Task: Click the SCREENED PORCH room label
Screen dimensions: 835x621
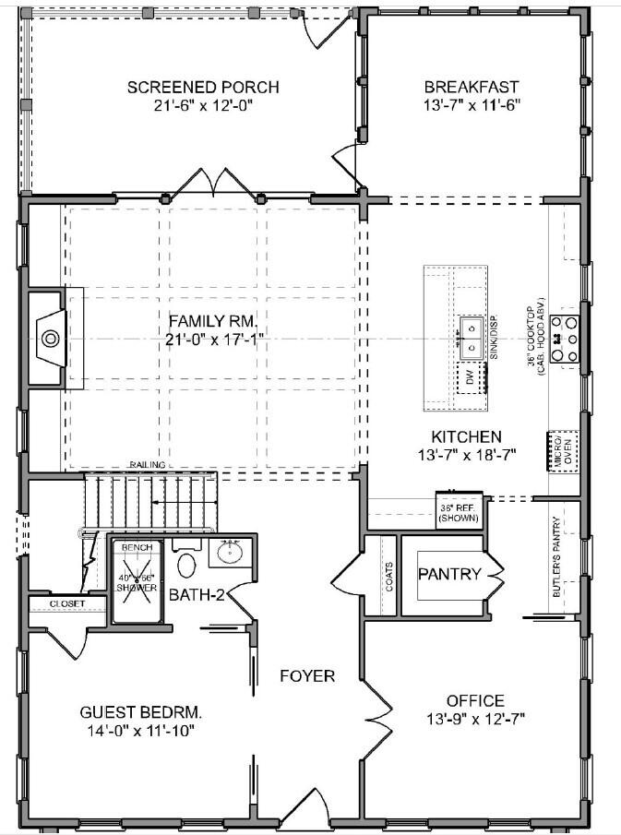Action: pyautogui.click(x=203, y=88)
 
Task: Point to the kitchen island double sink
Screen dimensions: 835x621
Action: pyautogui.click(x=471, y=337)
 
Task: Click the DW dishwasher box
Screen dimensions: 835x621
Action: pyautogui.click(x=471, y=378)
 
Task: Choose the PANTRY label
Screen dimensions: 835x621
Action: pyautogui.click(x=449, y=575)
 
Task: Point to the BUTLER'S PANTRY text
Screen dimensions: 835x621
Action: pyautogui.click(x=556, y=559)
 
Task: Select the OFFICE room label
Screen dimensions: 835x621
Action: pyautogui.click(x=475, y=701)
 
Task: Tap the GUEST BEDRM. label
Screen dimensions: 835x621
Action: pyautogui.click(x=140, y=713)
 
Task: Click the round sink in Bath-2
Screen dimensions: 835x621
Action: pyautogui.click(x=227, y=554)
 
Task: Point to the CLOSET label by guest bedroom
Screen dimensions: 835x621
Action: pyautogui.click(x=66, y=603)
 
